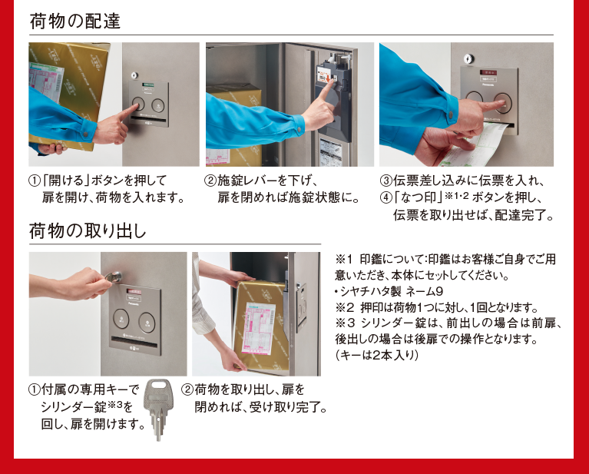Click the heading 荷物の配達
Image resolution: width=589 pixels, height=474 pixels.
click(75, 21)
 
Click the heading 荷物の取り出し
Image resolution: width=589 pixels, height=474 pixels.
click(88, 230)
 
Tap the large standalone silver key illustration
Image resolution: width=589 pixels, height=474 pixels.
click(159, 409)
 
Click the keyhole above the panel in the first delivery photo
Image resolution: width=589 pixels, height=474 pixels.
click(134, 75)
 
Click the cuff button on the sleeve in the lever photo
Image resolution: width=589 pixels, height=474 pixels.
click(299, 130)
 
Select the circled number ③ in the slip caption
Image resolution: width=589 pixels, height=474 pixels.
click(385, 181)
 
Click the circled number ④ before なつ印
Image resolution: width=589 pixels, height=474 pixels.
click(385, 197)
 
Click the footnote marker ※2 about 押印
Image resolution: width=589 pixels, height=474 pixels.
click(345, 307)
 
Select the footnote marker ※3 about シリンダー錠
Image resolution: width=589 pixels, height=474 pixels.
click(345, 323)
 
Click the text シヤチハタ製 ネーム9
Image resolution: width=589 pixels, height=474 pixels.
click(392, 291)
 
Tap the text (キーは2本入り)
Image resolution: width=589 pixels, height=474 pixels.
click(376, 355)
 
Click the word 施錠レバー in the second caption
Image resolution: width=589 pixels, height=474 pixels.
click(247, 181)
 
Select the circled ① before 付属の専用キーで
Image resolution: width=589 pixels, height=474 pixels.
click(35, 389)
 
